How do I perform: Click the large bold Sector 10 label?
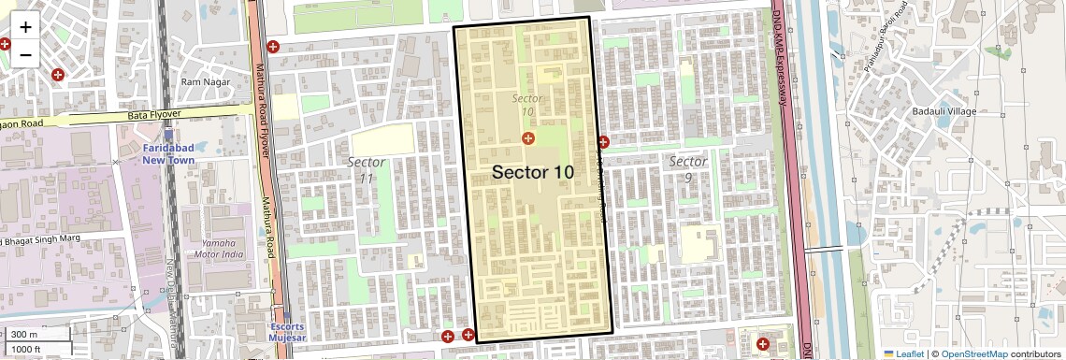click(532, 172)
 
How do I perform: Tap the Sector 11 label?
click(366, 169)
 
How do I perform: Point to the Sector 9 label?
click(687, 169)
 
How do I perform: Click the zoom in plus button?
click(25, 28)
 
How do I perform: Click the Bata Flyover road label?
click(153, 114)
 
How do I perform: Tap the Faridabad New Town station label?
click(167, 154)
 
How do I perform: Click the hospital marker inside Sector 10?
click(528, 138)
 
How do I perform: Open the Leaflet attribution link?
click(903, 353)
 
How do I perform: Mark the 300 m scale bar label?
click(25, 335)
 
